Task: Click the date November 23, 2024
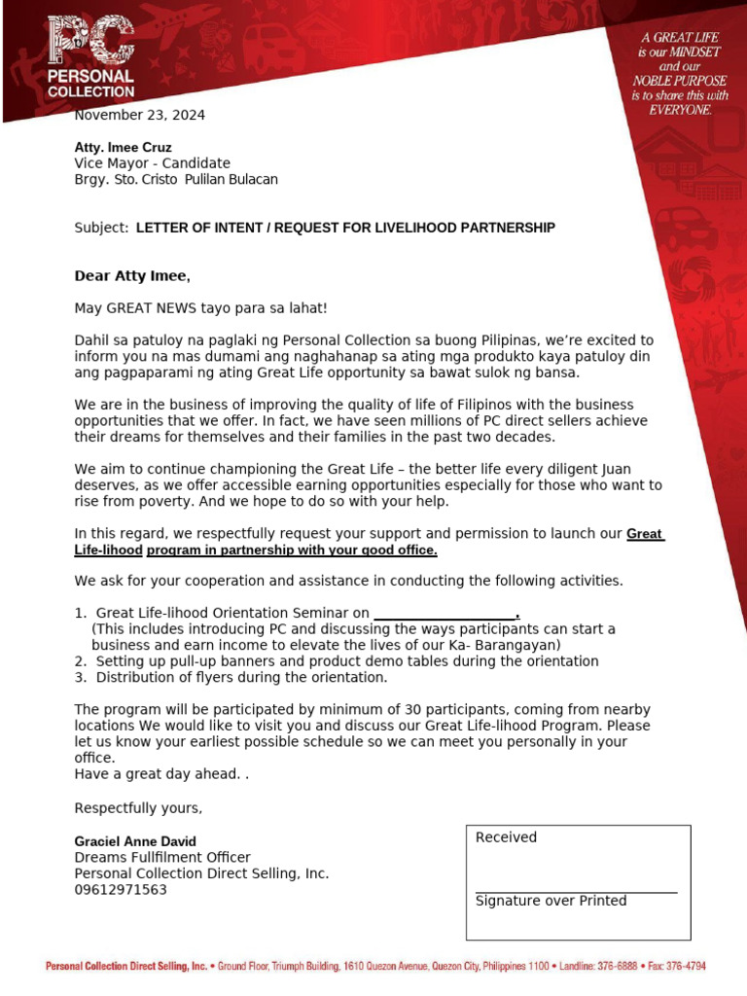click(x=140, y=115)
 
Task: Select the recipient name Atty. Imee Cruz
click(x=124, y=148)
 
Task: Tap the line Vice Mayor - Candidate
click(x=153, y=163)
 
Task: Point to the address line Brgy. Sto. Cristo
click(x=176, y=179)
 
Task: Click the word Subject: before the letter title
click(x=101, y=228)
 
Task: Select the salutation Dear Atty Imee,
click(x=132, y=276)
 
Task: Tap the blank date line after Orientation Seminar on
click(x=445, y=614)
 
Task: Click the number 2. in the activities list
click(x=81, y=661)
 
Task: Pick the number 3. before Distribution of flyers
click(x=81, y=677)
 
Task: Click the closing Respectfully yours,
click(x=139, y=808)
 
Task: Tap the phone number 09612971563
click(x=121, y=889)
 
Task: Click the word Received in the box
click(x=506, y=837)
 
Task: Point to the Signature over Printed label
click(x=551, y=901)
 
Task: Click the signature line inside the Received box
click(x=576, y=891)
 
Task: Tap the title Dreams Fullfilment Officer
click(x=162, y=857)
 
